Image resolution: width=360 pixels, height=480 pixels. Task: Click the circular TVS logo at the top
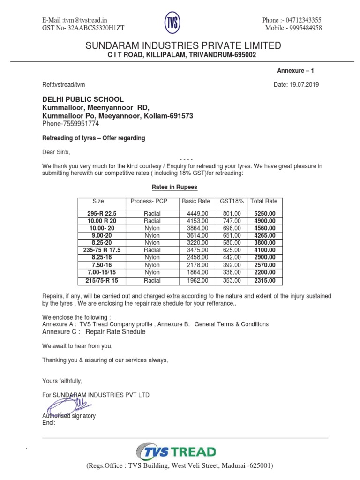click(172, 23)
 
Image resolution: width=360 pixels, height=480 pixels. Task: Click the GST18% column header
click(231, 201)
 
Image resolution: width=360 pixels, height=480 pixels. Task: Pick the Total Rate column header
click(264, 201)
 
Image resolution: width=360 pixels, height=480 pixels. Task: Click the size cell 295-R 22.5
click(102, 213)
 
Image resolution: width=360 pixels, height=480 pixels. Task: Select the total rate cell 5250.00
click(264, 213)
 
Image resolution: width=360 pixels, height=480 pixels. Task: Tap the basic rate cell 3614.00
click(196, 235)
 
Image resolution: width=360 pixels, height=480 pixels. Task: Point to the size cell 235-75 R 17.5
click(102, 250)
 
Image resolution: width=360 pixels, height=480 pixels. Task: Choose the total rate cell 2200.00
click(264, 272)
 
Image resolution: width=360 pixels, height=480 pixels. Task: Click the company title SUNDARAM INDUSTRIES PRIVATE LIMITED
click(183, 45)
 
